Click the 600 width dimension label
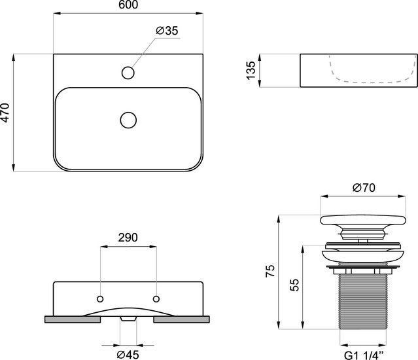point(128,5)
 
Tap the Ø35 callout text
point(167,31)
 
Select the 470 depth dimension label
point(5,113)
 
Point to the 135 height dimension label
point(251,71)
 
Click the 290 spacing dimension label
point(128,238)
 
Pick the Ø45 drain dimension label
point(128,354)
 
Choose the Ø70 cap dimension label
point(364,188)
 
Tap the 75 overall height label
point(270,271)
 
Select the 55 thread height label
point(294,285)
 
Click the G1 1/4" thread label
point(364,355)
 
